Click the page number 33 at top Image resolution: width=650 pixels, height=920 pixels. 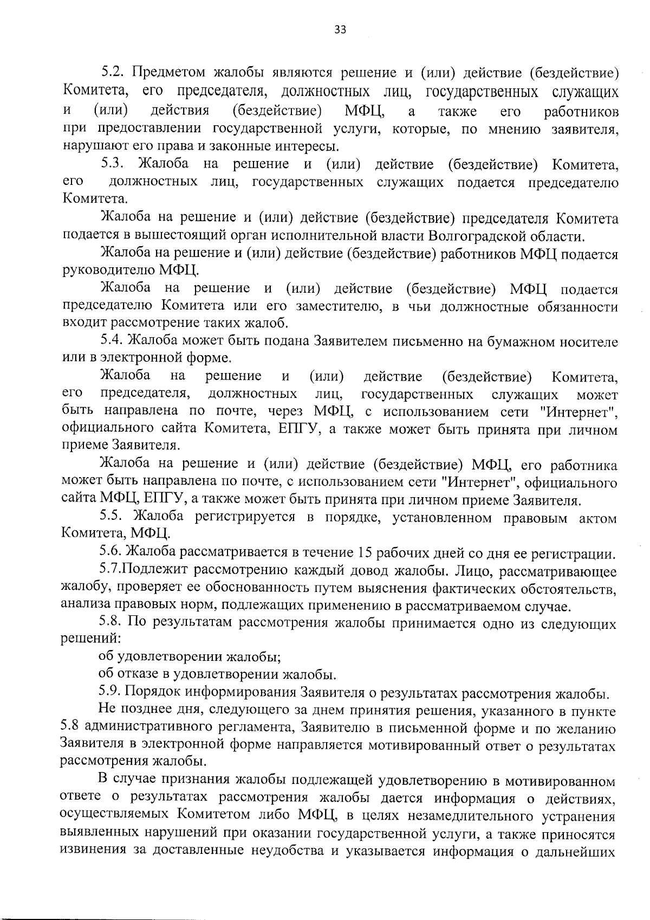pyautogui.click(x=340, y=29)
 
